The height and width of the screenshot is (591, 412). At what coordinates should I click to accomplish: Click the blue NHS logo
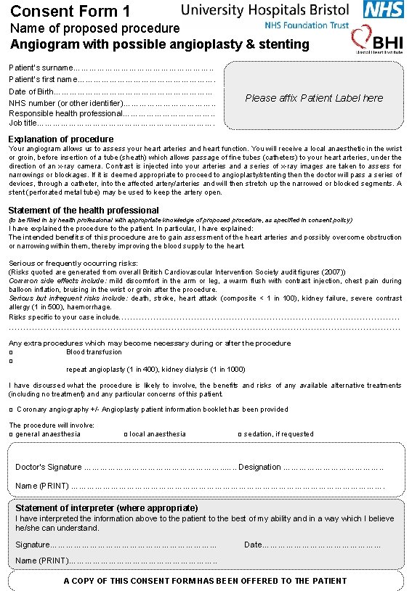point(383,10)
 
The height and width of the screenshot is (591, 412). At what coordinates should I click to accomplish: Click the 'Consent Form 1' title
point(71,11)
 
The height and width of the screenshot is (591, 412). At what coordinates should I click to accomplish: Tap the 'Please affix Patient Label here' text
point(314,98)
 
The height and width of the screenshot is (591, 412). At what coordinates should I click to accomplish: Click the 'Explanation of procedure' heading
point(60,139)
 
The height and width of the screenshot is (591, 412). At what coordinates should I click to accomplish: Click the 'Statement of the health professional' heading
point(84,211)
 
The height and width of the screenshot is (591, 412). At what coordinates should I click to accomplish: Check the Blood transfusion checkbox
point(11,352)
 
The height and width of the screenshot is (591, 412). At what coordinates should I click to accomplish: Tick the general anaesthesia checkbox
point(11,434)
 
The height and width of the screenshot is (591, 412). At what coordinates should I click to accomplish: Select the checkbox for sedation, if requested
point(240,434)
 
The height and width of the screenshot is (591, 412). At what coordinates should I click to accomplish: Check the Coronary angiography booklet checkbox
point(11,409)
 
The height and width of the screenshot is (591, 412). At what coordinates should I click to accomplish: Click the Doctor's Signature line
point(160,468)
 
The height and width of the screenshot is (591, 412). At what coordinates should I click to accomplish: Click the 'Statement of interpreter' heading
point(106,508)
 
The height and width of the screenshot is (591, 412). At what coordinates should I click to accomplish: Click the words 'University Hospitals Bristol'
point(264,10)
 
